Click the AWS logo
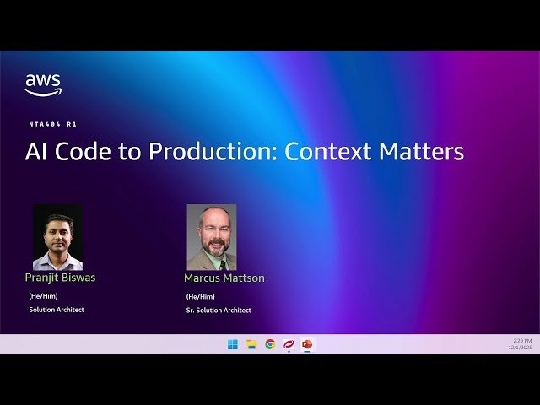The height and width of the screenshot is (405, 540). (42, 84)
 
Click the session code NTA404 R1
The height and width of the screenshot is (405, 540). (52, 124)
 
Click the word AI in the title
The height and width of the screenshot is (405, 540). (35, 152)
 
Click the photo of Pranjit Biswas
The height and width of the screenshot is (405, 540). (57, 237)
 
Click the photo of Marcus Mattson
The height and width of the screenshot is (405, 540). (211, 237)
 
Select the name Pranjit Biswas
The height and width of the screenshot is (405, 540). (60, 277)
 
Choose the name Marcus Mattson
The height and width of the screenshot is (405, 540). (224, 278)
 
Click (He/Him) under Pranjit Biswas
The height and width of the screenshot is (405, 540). (43, 296)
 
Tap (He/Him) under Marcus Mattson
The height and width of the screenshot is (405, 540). (200, 296)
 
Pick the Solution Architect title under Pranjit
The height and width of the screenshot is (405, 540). (57, 310)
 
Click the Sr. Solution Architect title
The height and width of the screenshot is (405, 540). (219, 310)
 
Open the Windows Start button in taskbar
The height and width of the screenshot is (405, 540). (233, 344)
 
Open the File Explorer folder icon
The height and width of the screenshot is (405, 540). (251, 344)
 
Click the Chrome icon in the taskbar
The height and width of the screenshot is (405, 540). (270, 344)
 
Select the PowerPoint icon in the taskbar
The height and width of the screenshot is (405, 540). (307, 344)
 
